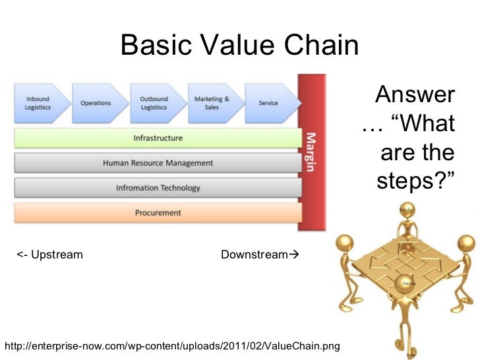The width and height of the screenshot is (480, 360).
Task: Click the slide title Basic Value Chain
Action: (x=240, y=45)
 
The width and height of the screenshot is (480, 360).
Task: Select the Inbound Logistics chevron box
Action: (x=38, y=103)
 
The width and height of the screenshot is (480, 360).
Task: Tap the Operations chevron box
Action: (x=96, y=103)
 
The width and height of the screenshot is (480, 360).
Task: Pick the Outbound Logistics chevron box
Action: (x=154, y=103)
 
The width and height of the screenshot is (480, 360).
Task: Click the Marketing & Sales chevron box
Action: (x=212, y=103)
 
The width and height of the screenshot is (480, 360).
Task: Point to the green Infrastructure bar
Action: (x=158, y=138)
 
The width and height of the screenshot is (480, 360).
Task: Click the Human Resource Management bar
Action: (x=158, y=163)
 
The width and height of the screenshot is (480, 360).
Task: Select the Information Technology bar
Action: (x=158, y=188)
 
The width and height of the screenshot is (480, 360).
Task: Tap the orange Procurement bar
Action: (x=158, y=213)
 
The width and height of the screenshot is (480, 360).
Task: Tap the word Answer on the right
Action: (x=415, y=95)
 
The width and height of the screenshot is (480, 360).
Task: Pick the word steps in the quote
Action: (x=409, y=180)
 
